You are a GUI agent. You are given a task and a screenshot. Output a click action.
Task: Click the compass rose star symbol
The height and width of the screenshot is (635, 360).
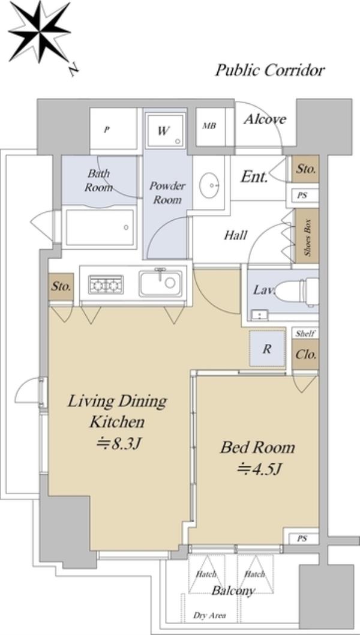[39, 32]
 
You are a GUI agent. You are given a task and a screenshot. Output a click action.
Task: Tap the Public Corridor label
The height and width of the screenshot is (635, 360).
[269, 70]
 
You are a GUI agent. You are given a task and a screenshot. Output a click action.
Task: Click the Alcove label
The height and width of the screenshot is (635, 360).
[265, 119]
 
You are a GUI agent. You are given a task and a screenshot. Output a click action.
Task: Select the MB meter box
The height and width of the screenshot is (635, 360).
[210, 126]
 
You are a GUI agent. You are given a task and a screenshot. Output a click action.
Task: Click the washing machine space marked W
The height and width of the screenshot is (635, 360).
[166, 130]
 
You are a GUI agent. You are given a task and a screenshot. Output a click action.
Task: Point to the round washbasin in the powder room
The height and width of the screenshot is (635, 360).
[209, 185]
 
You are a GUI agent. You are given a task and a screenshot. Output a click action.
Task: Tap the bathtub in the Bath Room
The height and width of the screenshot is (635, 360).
[100, 227]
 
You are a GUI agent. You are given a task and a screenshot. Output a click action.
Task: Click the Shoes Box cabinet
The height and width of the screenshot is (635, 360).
[307, 236]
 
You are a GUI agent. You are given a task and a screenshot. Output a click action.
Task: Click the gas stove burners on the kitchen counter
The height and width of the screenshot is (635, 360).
[106, 284]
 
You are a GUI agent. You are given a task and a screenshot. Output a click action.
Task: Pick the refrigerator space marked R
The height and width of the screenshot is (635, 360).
[267, 349]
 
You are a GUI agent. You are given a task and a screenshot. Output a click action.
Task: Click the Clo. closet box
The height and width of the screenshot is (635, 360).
[305, 355]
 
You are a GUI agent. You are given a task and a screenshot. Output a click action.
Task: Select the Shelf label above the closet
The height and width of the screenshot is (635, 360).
[305, 333]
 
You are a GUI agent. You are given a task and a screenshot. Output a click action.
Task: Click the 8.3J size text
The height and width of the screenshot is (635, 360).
[118, 444]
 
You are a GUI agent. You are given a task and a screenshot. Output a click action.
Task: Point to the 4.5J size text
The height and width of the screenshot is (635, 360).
[259, 469]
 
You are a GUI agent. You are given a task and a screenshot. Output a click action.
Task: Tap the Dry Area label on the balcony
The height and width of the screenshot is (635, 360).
[209, 616]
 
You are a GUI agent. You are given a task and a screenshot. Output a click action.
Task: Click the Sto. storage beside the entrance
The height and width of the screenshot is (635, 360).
[305, 169]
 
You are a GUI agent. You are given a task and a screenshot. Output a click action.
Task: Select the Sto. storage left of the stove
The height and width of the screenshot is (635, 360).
[61, 287]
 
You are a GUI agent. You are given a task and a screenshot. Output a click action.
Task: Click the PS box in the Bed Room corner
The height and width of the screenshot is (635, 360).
[301, 538]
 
